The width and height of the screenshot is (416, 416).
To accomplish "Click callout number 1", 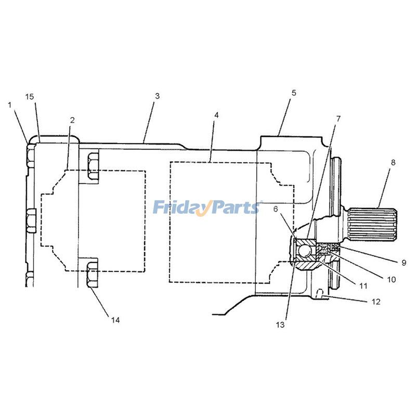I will [x=9, y=105].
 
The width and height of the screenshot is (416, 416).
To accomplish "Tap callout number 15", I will [x=30, y=97].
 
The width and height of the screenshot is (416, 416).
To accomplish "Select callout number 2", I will [x=72, y=120].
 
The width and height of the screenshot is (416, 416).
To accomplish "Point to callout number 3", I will [x=157, y=96].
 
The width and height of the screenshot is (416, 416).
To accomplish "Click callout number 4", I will [x=216, y=114].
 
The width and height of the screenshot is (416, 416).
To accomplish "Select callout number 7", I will [x=339, y=119].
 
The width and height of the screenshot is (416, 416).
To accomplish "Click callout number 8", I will [x=393, y=162].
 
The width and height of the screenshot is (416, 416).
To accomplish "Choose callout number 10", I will [x=391, y=279].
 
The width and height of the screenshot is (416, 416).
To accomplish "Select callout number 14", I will [x=115, y=320].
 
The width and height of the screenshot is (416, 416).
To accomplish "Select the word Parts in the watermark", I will [x=235, y=208].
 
